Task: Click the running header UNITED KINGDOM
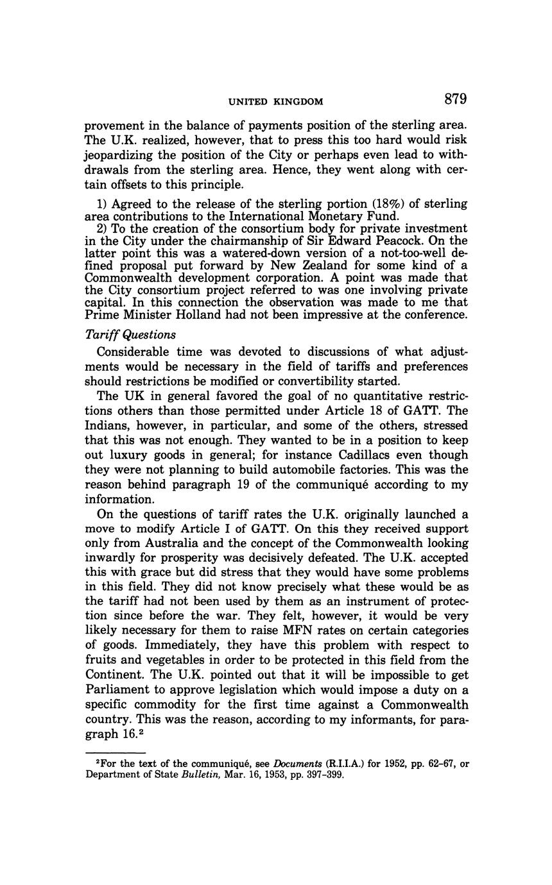[276, 101]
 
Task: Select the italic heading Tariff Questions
[130, 334]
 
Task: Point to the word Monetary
[320, 216]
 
